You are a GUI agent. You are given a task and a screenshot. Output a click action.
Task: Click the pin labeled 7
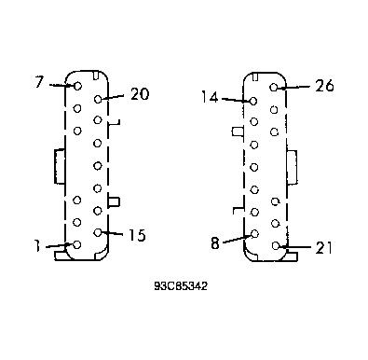(77, 86)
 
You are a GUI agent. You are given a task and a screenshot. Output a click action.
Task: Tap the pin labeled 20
(98, 99)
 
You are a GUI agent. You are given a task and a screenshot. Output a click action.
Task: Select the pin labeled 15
(98, 232)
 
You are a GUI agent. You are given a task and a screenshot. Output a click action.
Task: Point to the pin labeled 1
(77, 245)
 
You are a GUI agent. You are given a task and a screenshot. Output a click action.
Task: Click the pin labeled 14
(253, 101)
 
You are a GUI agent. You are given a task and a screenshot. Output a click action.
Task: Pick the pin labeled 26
(274, 88)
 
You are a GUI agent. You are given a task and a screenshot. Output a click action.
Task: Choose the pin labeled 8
(254, 234)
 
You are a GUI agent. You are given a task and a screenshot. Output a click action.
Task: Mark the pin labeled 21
(276, 246)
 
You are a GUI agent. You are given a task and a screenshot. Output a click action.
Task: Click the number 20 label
(140, 94)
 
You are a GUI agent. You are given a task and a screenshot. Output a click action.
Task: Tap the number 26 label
(324, 86)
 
